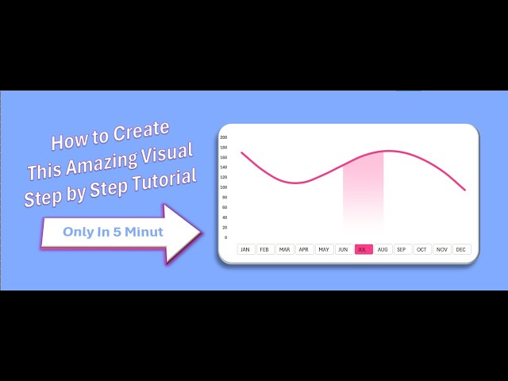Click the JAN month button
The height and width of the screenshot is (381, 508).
(245, 249)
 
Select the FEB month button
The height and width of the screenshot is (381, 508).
(264, 249)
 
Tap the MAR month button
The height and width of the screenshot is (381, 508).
(284, 249)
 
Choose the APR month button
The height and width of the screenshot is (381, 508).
(304, 249)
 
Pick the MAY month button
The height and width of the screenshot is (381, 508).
(323, 249)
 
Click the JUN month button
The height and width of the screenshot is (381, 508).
(343, 249)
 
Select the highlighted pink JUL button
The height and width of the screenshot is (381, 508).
(363, 249)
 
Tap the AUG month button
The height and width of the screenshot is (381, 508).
(383, 249)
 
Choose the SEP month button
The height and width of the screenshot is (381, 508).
(402, 249)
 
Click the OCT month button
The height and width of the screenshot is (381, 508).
(421, 249)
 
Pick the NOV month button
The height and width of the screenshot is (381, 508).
(441, 249)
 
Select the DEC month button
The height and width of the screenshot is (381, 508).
(460, 249)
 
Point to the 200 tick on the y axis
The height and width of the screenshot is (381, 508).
(224, 137)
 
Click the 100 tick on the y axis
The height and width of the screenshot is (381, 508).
(224, 187)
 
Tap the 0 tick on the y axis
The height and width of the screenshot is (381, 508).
(225, 237)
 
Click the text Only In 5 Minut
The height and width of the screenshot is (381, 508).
(102, 232)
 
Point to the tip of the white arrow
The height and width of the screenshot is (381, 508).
(202, 233)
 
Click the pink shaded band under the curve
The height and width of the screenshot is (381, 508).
(363, 190)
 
